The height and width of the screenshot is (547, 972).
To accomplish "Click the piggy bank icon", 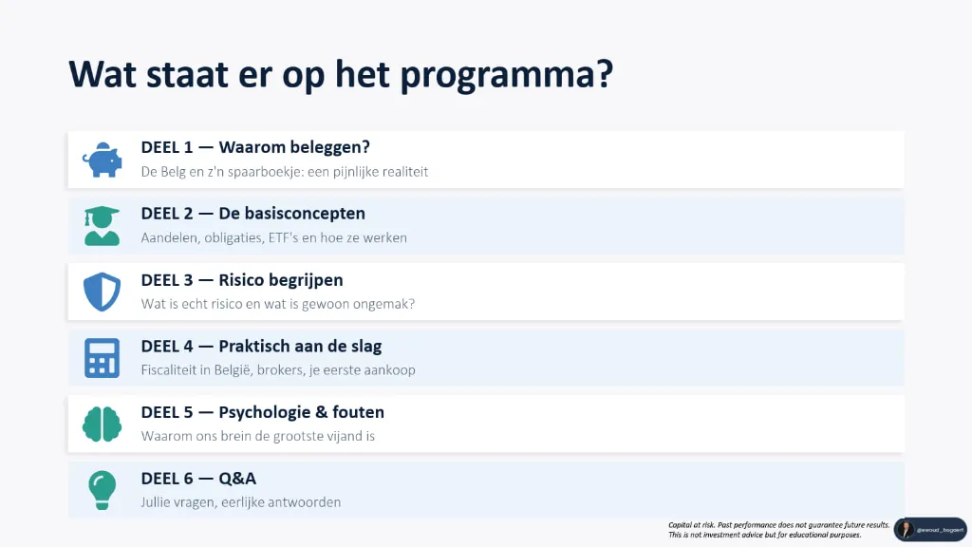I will click(x=102, y=160).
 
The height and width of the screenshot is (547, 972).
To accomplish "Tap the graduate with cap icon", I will click(x=102, y=226).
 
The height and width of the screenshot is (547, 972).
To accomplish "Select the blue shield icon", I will click(x=102, y=292).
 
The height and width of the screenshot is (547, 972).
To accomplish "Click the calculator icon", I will click(x=102, y=358).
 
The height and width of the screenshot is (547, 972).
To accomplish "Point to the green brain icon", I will click(x=102, y=424).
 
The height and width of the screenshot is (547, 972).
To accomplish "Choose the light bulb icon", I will click(x=102, y=490).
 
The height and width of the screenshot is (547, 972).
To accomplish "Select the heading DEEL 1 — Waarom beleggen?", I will click(x=254, y=147).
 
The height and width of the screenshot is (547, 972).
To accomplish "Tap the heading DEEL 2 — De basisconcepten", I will click(x=252, y=214).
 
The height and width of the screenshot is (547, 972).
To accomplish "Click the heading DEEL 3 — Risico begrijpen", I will click(x=242, y=280).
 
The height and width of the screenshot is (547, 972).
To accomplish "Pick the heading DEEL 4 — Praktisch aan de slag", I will click(x=261, y=347).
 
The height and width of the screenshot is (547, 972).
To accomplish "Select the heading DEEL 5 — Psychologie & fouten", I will click(x=262, y=412).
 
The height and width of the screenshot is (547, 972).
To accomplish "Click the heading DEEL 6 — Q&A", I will click(x=198, y=479).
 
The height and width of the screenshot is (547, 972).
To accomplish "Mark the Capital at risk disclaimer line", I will click(x=778, y=524).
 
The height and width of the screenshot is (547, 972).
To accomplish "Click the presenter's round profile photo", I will click(x=905, y=529).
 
